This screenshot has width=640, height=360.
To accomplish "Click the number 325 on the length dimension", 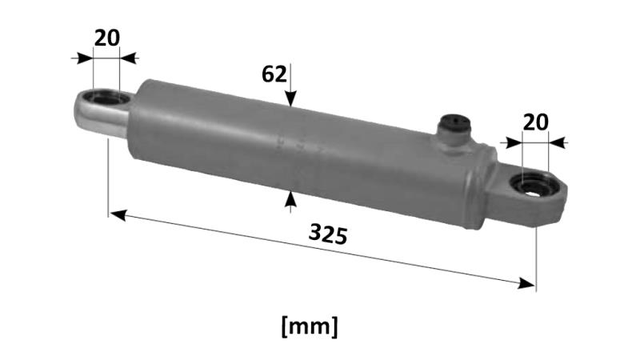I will [x=327, y=234].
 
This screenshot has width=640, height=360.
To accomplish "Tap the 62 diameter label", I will [x=274, y=74].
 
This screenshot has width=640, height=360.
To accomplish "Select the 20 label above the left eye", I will [x=107, y=38].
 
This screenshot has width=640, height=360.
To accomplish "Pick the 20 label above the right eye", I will [x=535, y=122].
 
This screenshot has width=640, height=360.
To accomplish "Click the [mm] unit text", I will [x=310, y=326].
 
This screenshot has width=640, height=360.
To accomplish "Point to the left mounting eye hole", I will [x=105, y=99].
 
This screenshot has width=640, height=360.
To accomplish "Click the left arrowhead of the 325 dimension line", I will [x=117, y=214].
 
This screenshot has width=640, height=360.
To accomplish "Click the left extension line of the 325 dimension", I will [x=108, y=176].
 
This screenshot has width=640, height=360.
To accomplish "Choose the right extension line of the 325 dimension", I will [x=536, y=256].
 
